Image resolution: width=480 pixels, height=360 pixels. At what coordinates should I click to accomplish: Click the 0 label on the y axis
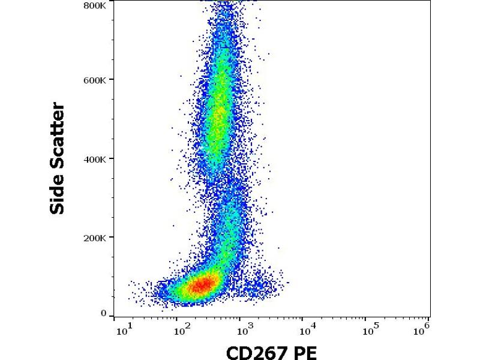tap(103, 313)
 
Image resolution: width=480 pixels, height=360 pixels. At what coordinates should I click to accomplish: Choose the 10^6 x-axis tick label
tap(424, 327)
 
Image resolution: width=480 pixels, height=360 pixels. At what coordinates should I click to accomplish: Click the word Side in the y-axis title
tap(58, 192)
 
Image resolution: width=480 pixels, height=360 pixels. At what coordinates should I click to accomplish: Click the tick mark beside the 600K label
tap(112, 80)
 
